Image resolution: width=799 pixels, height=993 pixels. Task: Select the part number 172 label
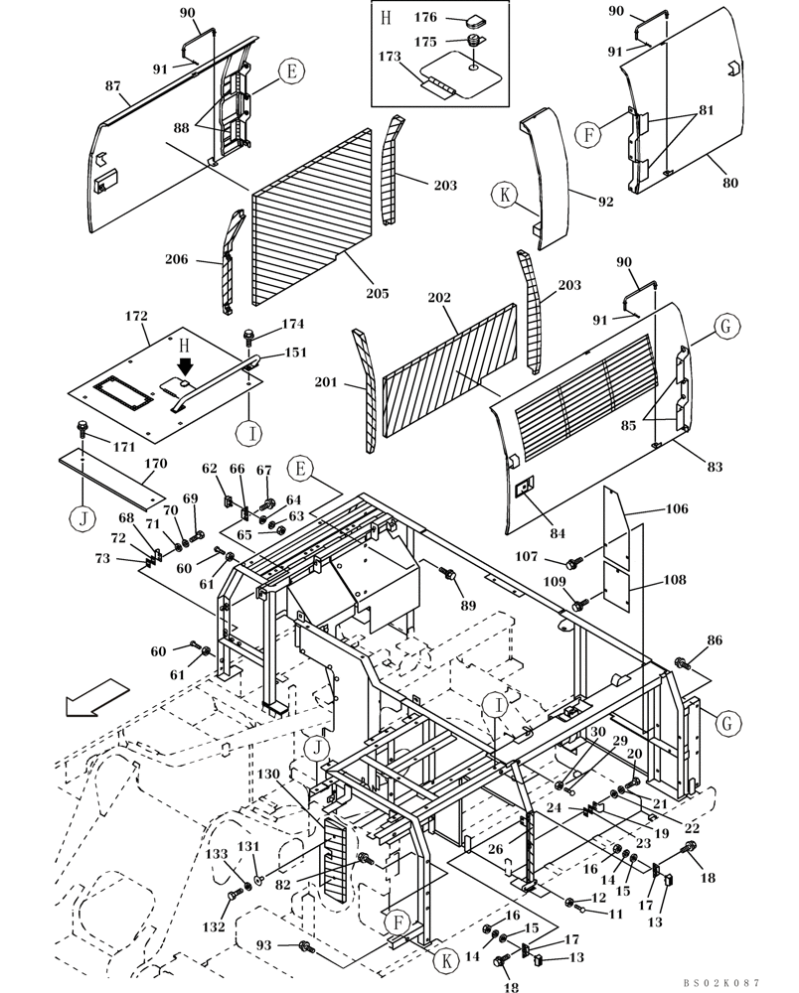click(x=136, y=316)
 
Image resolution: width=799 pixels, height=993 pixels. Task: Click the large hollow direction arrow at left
click(x=96, y=696)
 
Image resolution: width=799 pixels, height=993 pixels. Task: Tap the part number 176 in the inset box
click(x=424, y=17)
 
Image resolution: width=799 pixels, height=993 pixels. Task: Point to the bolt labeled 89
click(x=448, y=574)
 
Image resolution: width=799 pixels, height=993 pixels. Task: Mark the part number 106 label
click(x=676, y=508)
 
